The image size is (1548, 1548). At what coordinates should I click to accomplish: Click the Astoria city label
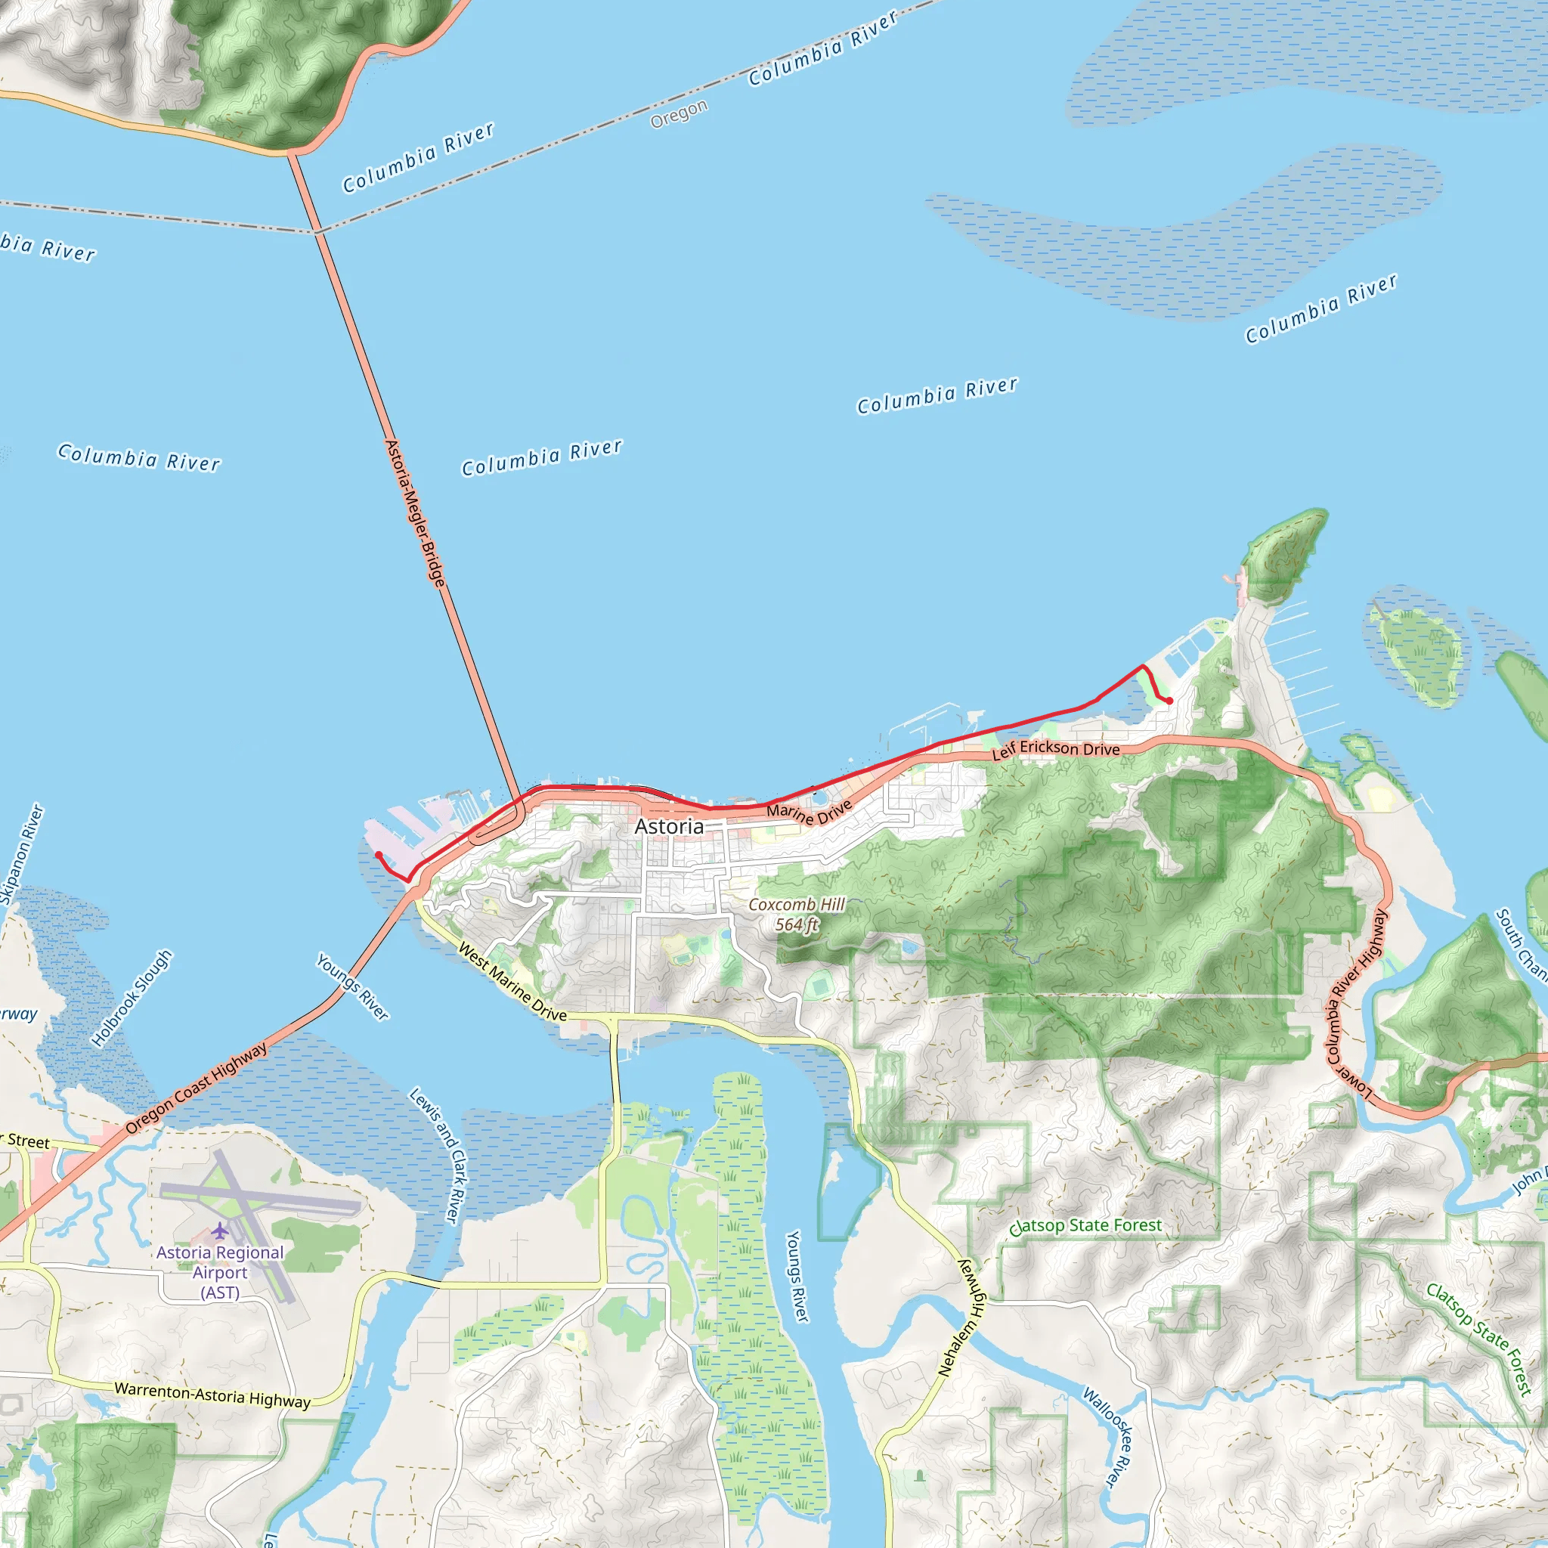[669, 826]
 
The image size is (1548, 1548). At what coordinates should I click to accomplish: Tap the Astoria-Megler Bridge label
[414, 512]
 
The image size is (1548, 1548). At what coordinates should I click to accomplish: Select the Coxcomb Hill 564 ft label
[797, 915]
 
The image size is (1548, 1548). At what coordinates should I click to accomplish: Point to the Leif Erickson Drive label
[1055, 749]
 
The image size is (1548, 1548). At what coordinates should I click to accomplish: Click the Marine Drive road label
[810, 812]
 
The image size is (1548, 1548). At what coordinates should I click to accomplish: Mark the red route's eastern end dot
[1170, 701]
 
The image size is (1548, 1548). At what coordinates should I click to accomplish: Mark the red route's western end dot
[379, 855]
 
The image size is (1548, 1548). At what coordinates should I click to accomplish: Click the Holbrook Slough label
[132, 998]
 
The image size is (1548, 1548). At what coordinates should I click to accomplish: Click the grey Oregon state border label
[679, 114]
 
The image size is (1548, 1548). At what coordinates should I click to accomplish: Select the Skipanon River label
[22, 854]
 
